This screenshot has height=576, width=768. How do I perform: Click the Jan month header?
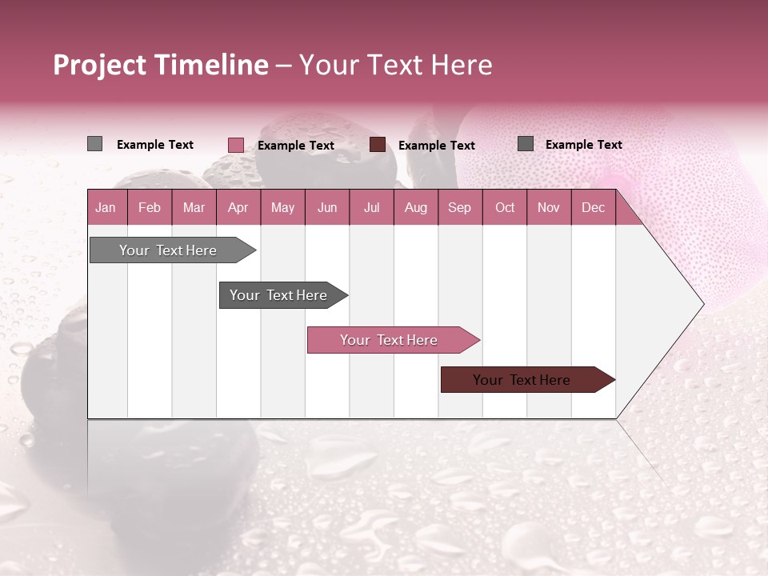[x=106, y=208]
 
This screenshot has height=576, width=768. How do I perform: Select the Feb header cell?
[x=150, y=208]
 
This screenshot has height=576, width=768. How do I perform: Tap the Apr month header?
[x=238, y=208]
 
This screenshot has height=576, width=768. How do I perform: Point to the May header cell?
[x=282, y=208]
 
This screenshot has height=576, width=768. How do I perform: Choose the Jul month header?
[x=371, y=208]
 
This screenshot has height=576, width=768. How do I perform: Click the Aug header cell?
[x=416, y=208]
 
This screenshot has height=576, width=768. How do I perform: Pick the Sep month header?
[x=460, y=208]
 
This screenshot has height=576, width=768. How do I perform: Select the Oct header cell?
[x=505, y=208]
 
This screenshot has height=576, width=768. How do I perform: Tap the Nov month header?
[x=549, y=208]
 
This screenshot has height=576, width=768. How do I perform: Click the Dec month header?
[x=593, y=208]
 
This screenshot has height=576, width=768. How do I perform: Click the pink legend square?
[x=236, y=145]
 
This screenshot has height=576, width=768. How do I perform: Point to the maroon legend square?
[x=378, y=145]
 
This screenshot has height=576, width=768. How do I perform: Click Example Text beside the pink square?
[x=296, y=146]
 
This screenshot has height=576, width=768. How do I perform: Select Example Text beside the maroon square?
[x=437, y=146]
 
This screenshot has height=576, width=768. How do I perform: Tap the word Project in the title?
[x=100, y=65]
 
